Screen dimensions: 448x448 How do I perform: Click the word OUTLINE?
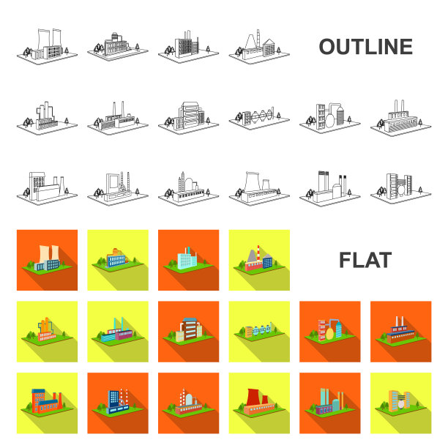coord(365,47)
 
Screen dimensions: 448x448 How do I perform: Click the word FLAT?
coord(365,260)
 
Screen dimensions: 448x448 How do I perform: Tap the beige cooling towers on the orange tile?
coord(49,253)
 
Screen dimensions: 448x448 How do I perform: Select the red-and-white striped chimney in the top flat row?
coord(258,253)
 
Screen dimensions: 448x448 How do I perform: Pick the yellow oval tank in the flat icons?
coord(329,333)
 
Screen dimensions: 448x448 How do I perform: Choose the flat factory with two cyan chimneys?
coord(117,332)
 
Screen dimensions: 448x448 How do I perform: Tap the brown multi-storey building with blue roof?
coord(189,329)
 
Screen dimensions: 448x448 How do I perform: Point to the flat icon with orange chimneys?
coord(45,329)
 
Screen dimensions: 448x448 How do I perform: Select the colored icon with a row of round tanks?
coord(259,330)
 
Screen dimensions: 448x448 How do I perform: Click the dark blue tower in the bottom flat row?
coord(113,399)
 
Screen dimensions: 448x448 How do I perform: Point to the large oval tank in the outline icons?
coord(329,120)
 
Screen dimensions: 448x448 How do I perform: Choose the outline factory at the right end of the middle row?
coord(401,118)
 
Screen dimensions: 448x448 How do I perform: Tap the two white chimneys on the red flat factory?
coord(400,321)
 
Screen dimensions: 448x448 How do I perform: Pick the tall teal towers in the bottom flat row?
coord(325,397)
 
